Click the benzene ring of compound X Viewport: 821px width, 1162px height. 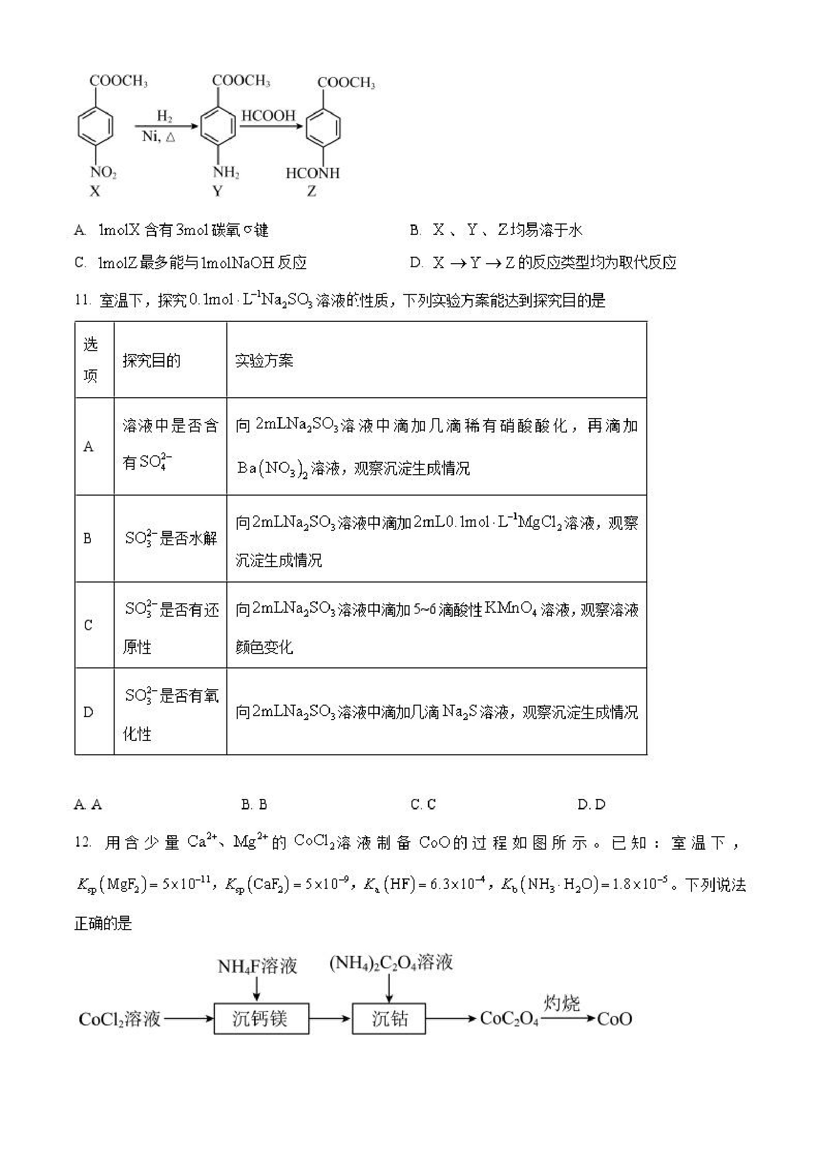click(x=95, y=126)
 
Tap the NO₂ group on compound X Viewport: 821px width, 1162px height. click(x=103, y=173)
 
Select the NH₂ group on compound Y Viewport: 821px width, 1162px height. click(x=226, y=173)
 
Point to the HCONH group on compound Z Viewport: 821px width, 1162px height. click(x=313, y=174)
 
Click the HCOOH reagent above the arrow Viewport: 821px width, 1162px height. click(x=268, y=116)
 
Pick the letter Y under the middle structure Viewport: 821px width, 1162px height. click(x=217, y=191)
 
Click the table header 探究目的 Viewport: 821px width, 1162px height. click(x=151, y=361)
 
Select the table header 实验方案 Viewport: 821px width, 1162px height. click(x=264, y=361)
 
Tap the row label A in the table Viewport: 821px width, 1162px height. click(x=88, y=446)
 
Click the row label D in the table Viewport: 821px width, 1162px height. click(x=88, y=713)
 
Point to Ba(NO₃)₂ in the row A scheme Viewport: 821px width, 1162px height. click(x=272, y=469)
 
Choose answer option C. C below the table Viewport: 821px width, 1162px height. click(x=423, y=804)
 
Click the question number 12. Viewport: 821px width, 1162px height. click(x=83, y=843)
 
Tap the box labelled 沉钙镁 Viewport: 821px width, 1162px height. click(x=261, y=1019)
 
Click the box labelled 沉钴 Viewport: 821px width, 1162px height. click(x=389, y=1019)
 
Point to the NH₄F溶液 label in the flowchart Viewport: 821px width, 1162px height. click(x=257, y=967)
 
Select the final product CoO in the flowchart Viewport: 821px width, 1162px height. click(x=614, y=1019)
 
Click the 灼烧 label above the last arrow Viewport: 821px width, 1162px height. click(x=561, y=1003)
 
